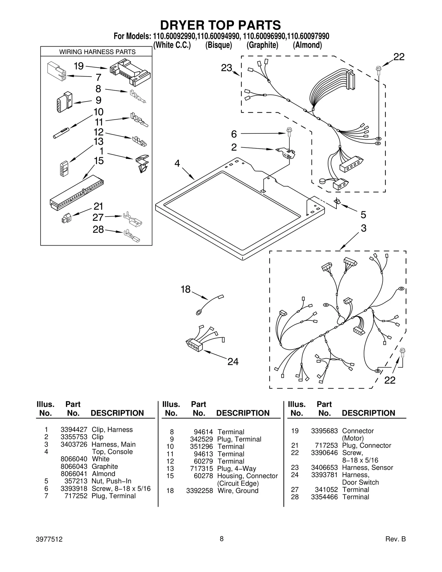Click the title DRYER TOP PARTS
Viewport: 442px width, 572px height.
(220, 25)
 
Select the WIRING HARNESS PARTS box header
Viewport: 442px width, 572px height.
(97, 52)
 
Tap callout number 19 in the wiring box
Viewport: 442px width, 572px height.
(79, 66)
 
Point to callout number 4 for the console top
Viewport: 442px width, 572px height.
(177, 164)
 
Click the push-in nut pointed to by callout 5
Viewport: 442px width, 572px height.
(337, 201)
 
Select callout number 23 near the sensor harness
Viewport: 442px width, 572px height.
(227, 68)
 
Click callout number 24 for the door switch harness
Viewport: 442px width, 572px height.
(233, 362)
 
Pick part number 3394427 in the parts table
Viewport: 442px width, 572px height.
(74, 429)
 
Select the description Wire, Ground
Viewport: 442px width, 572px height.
(238, 491)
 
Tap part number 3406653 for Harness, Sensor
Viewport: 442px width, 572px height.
(324, 468)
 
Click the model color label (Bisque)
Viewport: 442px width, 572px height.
(218, 45)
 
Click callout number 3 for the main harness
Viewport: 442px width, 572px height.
(364, 228)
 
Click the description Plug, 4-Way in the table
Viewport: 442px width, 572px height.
(236, 469)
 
